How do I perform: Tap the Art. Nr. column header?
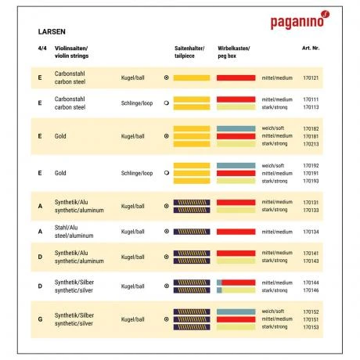310,49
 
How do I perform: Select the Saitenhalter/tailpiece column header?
189,52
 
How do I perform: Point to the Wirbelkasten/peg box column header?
233,52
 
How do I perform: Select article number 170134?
310,232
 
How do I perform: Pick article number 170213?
310,144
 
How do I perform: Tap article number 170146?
310,290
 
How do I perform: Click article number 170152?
310,311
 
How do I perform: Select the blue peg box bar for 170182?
236,128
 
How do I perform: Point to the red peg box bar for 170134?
236,232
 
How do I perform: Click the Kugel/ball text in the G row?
133,319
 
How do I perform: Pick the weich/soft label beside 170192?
274,165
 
